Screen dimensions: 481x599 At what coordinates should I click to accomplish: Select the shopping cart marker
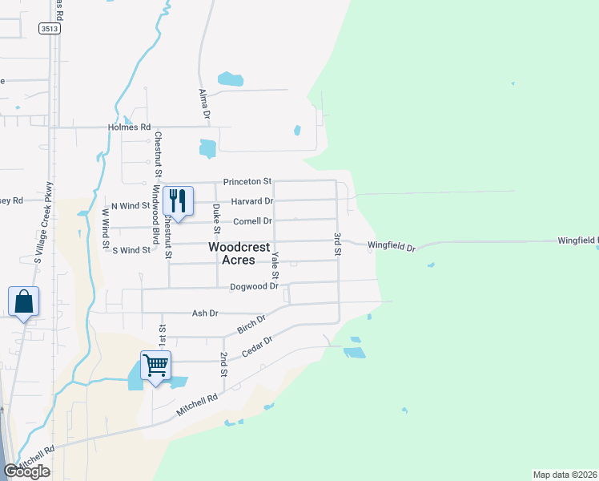[155, 366]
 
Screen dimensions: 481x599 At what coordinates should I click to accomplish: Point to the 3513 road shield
[50, 28]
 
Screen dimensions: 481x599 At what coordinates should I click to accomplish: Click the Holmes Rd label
[130, 127]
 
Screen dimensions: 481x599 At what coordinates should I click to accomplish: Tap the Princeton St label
[247, 182]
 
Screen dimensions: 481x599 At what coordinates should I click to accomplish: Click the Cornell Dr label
[252, 221]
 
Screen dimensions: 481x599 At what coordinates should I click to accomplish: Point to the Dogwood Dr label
[254, 286]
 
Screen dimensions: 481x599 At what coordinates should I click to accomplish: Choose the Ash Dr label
[205, 313]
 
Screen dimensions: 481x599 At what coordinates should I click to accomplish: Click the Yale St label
[275, 263]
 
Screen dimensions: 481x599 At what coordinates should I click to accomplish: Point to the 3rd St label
[338, 245]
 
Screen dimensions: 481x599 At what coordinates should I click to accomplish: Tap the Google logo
[27, 471]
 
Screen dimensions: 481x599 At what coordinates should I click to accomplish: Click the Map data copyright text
[565, 475]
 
